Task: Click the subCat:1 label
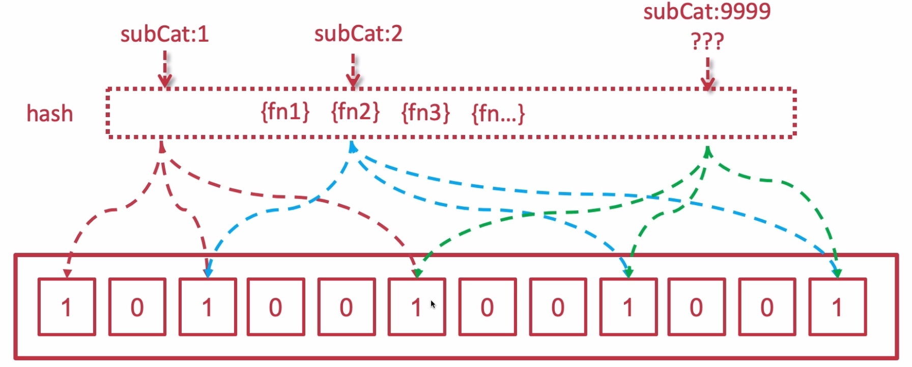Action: click(x=164, y=34)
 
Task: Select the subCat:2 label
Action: click(x=358, y=34)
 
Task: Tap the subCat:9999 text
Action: click(x=707, y=11)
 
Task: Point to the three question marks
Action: click(x=707, y=41)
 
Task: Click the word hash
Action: click(x=50, y=114)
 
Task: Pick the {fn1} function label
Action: click(x=285, y=112)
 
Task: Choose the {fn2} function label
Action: click(x=355, y=112)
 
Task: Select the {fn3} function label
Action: click(x=425, y=112)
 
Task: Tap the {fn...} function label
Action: click(x=498, y=114)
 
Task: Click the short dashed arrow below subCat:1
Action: click(x=164, y=69)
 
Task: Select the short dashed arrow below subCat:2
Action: click(x=353, y=70)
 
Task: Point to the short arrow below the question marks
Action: click(x=707, y=74)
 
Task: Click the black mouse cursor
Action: click(x=433, y=304)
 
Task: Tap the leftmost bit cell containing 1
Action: click(x=67, y=306)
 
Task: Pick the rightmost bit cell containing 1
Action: click(x=837, y=306)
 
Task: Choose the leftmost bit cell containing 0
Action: click(x=137, y=306)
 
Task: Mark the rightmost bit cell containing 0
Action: click(x=767, y=306)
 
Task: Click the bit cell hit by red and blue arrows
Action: click(x=208, y=306)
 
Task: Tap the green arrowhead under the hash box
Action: click(x=707, y=151)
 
